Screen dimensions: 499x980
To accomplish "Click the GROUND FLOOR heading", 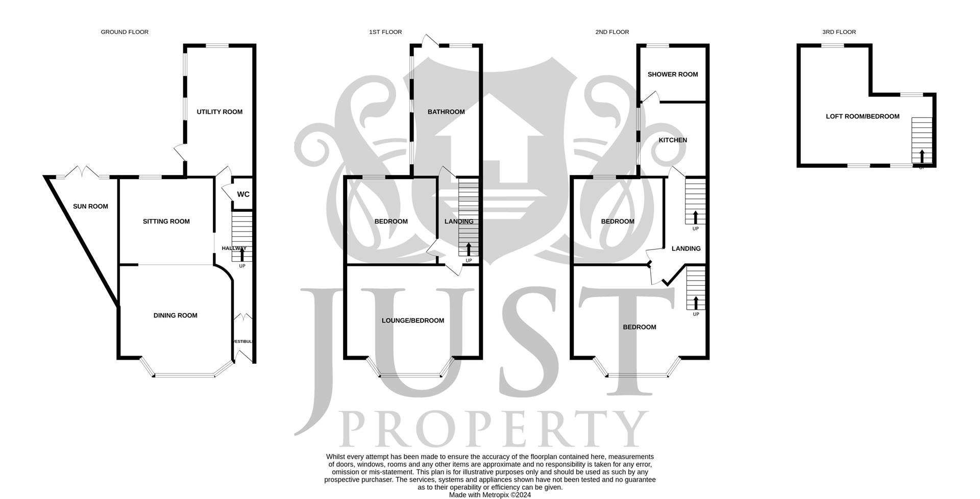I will [125, 32].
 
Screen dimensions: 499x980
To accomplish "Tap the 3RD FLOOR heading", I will [839, 32].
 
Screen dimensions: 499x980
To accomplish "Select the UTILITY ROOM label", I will [219, 112].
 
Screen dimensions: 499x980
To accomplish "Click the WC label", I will [243, 194].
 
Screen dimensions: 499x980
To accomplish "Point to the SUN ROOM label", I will [90, 207].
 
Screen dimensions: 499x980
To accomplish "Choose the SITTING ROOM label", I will [166, 221].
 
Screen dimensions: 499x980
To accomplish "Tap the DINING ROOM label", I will [175, 315].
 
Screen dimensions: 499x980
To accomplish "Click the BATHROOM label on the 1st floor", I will [446, 112].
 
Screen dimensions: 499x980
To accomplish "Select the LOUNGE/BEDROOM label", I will [413, 320].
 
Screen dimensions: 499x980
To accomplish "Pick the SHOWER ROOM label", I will [672, 74].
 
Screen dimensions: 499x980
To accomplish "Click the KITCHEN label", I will [673, 140].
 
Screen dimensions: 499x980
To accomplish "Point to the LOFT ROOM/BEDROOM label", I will [863, 116].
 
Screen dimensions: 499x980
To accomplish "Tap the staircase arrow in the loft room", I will [921, 156].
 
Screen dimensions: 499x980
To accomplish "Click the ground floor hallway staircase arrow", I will [242, 255].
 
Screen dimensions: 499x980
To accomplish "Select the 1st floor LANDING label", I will [459, 221].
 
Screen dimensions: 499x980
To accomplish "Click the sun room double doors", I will [83, 171].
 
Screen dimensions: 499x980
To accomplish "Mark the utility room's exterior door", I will [179, 153].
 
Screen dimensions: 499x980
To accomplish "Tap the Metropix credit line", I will [490, 495].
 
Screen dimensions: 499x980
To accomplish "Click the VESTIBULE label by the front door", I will [243, 341].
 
